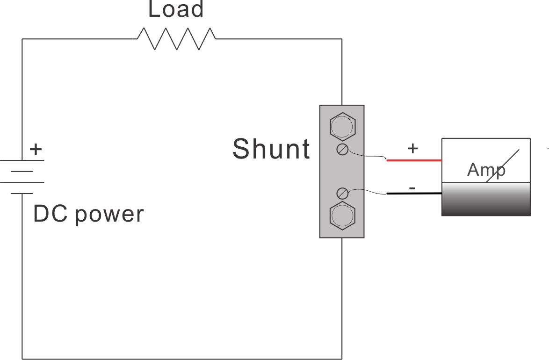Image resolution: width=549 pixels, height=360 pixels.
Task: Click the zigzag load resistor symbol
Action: (x=176, y=38)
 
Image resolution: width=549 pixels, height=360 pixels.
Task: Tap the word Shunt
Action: (x=271, y=149)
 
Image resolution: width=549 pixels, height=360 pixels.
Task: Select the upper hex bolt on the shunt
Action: (x=342, y=125)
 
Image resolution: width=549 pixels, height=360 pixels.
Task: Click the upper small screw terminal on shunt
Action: (x=342, y=150)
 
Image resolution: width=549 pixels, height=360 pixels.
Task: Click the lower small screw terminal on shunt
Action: (x=342, y=193)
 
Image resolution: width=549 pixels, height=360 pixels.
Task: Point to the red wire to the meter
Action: (x=414, y=160)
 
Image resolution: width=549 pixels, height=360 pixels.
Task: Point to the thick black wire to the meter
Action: (x=414, y=194)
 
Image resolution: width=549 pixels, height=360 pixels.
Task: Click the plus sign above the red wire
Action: (x=412, y=149)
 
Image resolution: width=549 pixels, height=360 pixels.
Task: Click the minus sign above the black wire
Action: (x=412, y=188)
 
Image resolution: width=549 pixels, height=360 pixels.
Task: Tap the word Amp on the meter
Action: (x=486, y=170)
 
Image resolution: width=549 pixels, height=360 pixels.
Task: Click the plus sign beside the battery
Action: (x=36, y=150)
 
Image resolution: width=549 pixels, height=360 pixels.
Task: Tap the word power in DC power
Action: (x=109, y=215)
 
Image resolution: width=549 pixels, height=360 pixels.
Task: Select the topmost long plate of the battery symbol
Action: (x=22, y=160)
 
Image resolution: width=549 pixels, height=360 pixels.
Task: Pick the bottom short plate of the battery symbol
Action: (x=22, y=193)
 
